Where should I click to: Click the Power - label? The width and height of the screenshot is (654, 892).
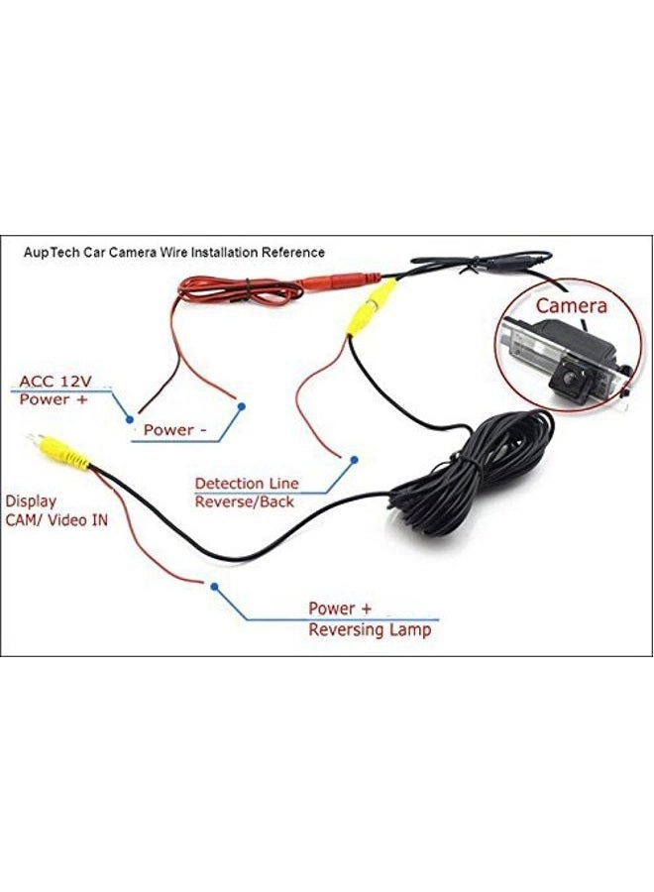tap(174, 430)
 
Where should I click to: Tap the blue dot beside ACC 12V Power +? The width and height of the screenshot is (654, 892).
tap(129, 419)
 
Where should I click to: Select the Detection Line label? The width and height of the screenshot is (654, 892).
tap(246, 484)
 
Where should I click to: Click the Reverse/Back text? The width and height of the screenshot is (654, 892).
tap(245, 502)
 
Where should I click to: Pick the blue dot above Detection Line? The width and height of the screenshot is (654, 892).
tap(352, 458)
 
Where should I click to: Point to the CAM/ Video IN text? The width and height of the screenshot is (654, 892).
tap(55, 519)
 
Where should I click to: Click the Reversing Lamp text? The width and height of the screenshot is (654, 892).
tap(370, 629)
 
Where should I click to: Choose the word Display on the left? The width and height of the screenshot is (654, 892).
tap(31, 501)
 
